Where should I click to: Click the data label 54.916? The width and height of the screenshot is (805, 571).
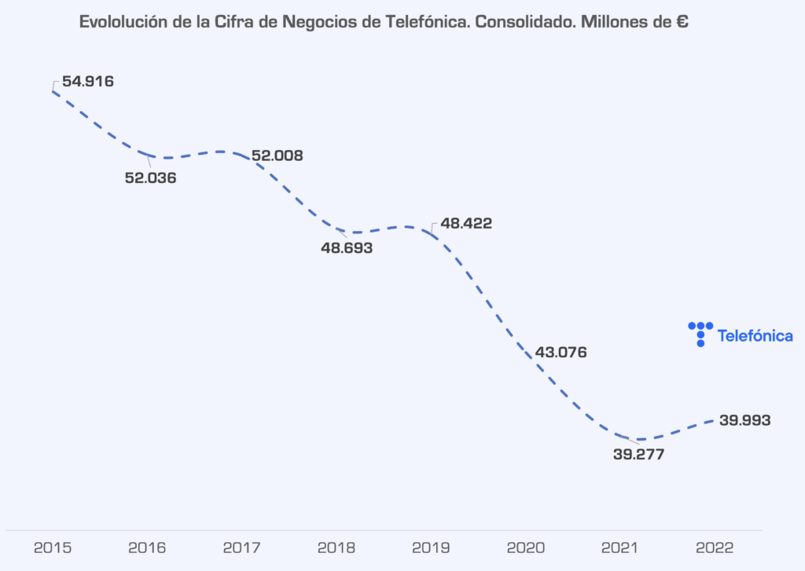pos(88,81)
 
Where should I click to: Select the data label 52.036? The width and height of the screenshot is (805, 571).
pos(150,178)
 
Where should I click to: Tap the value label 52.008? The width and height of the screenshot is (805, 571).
pos(277,156)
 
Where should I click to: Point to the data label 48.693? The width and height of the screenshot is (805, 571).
pos(347,248)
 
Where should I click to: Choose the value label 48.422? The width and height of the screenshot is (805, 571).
pos(466,224)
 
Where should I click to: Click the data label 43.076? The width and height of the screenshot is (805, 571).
pos(561,352)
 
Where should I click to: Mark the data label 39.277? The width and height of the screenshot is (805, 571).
pos(639,454)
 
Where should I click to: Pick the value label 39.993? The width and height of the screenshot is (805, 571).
pos(744,420)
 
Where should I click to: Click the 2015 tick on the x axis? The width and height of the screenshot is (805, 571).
pos(53,547)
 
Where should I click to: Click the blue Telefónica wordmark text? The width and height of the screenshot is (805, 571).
pos(755,336)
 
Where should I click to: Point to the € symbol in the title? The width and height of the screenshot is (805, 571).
pos(682,22)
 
